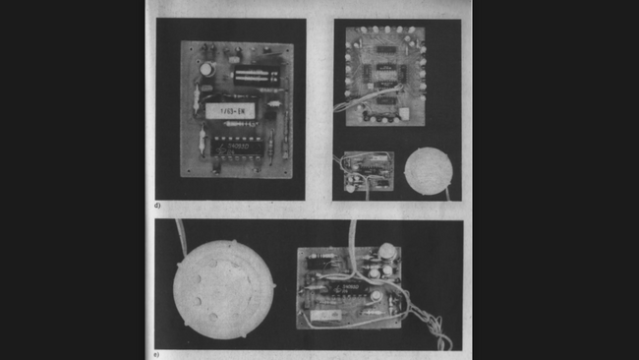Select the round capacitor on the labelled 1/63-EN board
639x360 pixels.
click(208, 69)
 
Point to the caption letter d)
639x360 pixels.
click(158, 206)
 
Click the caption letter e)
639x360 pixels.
click(158, 347)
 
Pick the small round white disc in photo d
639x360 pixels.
click(429, 169)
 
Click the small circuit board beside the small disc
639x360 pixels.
click(367, 169)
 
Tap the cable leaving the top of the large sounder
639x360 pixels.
click(182, 236)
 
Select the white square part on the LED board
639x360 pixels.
click(403, 115)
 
